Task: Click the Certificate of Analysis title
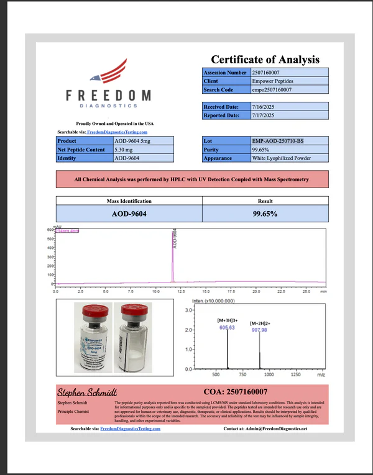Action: pyautogui.click(x=265, y=60)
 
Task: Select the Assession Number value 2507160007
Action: pyautogui.click(x=270, y=73)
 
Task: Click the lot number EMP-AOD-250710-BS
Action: pyautogui.click(x=278, y=142)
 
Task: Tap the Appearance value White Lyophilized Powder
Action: pyautogui.click(x=282, y=158)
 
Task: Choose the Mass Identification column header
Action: pyautogui.click(x=129, y=201)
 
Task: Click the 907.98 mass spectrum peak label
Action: pyautogui.click(x=259, y=330)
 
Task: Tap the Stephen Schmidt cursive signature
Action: pyautogui.click(x=82, y=392)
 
